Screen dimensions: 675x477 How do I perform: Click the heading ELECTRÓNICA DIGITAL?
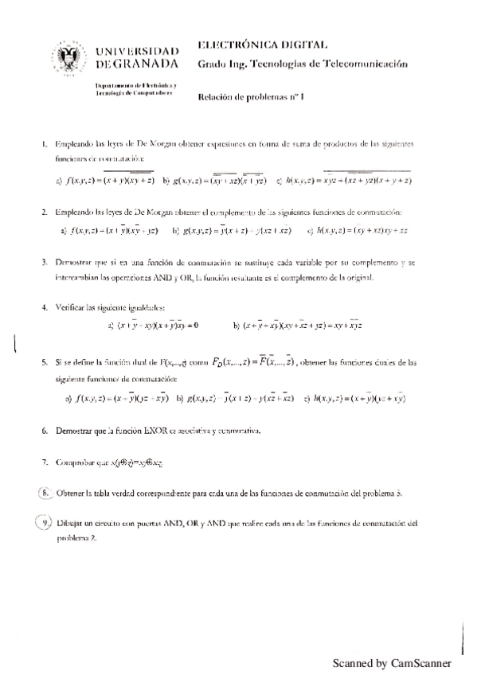coord(260,45)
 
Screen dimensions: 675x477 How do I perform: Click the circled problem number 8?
coord(45,493)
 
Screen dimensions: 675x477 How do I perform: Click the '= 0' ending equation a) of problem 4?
coord(191,326)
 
